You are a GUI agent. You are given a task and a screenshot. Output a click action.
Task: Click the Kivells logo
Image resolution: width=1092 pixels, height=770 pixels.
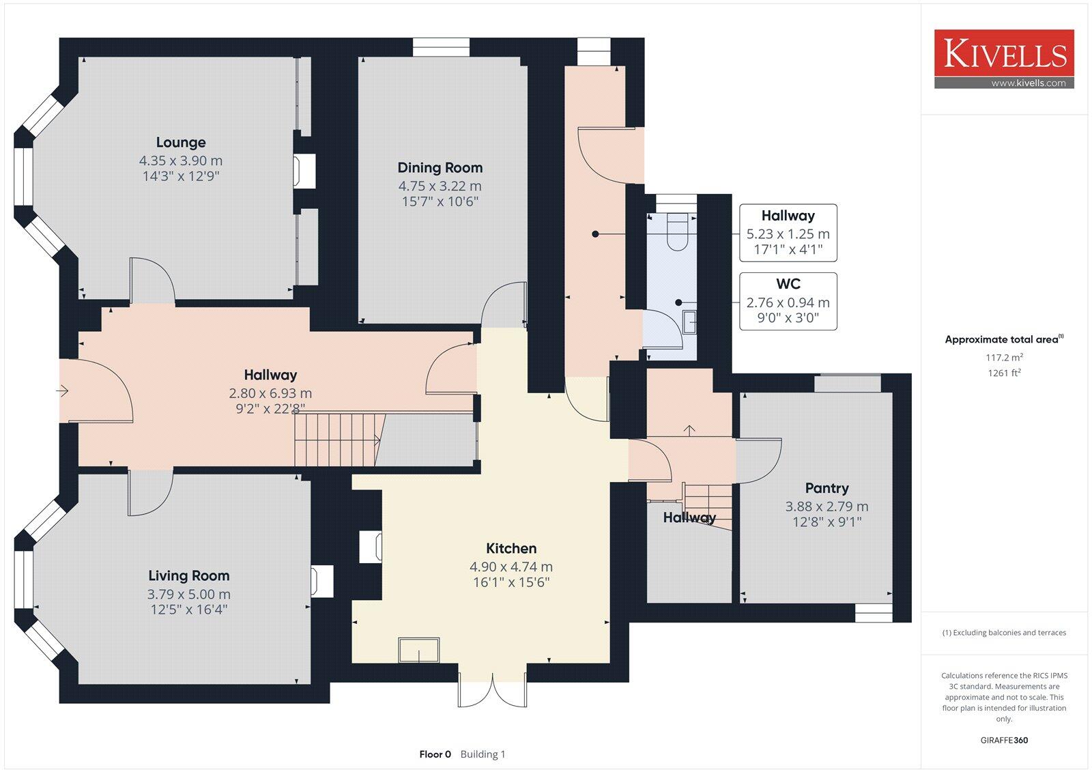point(1004,54)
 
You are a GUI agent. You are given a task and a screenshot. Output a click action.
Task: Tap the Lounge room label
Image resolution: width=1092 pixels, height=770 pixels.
point(180,143)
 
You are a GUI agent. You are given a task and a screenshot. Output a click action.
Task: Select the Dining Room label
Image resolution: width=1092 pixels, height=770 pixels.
point(440,168)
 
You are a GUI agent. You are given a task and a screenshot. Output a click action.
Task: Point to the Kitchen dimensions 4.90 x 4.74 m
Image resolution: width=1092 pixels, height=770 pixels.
point(511,567)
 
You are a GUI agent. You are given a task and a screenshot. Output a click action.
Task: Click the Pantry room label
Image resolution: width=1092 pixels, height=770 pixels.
point(827,488)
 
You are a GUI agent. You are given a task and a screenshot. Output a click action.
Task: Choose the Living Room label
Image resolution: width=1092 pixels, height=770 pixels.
point(188,576)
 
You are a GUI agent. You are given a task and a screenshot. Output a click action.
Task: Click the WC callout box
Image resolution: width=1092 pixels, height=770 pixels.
point(788,301)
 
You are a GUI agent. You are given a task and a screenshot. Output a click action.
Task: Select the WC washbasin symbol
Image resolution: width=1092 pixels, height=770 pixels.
point(689,322)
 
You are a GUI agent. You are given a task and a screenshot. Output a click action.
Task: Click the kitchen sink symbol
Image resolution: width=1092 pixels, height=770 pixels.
point(419,650)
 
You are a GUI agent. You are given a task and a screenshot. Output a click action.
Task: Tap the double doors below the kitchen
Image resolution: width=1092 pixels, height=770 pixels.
point(492,689)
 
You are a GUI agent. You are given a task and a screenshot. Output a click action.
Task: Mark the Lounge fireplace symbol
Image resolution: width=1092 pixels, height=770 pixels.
point(304,171)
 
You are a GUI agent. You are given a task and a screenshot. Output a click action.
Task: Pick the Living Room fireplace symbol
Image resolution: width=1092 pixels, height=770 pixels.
point(321,581)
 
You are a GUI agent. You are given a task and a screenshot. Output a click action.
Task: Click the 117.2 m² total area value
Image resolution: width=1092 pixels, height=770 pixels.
point(1003,357)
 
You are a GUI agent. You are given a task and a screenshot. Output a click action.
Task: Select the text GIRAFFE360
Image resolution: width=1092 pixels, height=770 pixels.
point(1004,740)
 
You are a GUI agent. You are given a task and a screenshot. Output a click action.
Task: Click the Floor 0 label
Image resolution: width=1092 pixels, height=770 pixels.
point(435,754)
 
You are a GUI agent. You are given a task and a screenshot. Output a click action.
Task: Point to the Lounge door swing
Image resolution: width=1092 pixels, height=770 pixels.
point(152,280)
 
